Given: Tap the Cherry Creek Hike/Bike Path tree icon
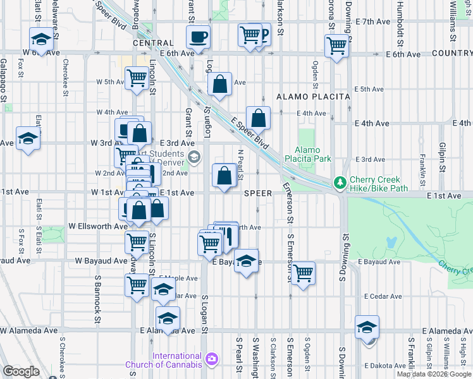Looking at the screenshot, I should (x=340, y=183).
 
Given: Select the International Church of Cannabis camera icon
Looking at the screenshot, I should (x=211, y=359).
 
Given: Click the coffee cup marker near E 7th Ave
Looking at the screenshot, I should (x=199, y=37).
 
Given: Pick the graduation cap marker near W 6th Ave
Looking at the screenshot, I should (x=41, y=40).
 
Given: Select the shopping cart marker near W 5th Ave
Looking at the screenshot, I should (x=137, y=79).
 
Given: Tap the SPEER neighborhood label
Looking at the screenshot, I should (x=258, y=193).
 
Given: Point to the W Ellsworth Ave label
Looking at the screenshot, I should (x=98, y=226).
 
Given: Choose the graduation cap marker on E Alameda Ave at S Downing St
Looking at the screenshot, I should (x=367, y=327).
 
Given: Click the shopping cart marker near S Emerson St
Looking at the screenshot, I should (x=304, y=274).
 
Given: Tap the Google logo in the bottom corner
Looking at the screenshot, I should (x=21, y=371).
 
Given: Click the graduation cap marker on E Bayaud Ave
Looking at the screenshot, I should (x=246, y=260).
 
